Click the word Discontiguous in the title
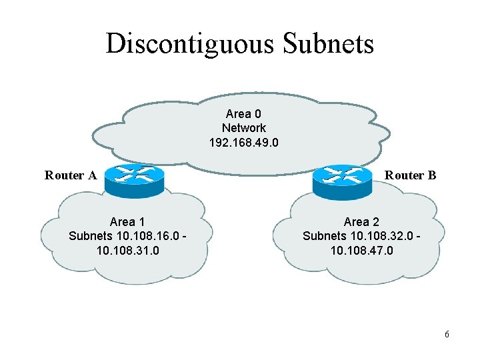click(191, 44)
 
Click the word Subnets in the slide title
click(329, 44)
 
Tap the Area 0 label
click(243, 114)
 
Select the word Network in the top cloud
click(243, 128)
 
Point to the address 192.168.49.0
click(243, 143)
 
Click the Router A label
click(71, 176)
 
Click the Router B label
click(411, 176)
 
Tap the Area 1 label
click(127, 222)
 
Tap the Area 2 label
click(361, 222)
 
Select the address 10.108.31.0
click(127, 251)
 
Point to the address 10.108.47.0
click(361, 251)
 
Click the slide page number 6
click(447, 333)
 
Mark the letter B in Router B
click(432, 176)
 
